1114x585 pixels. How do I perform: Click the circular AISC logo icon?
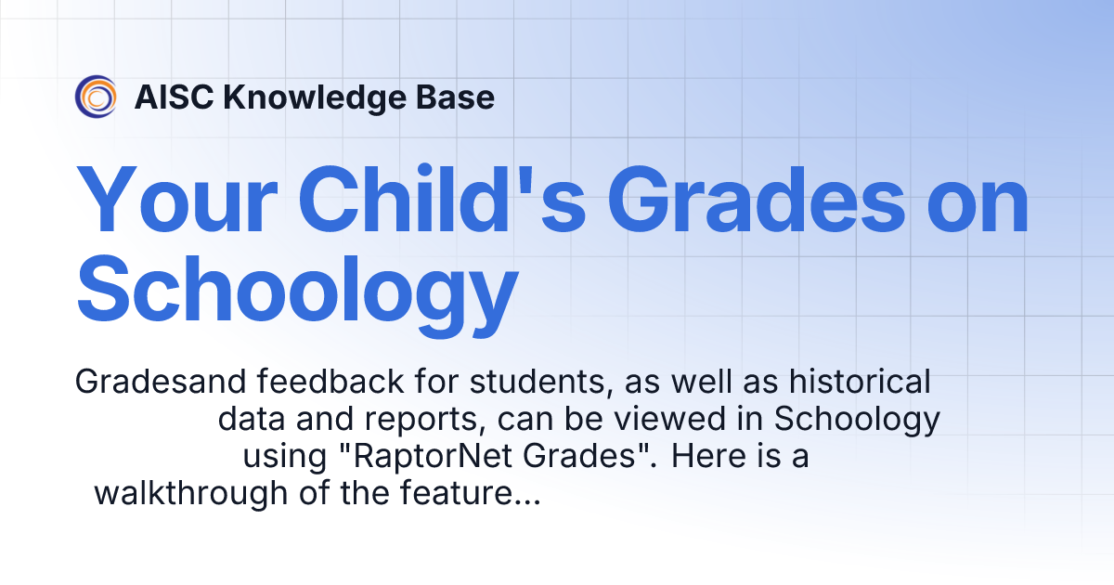point(97,97)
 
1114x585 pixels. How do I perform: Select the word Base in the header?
point(458,97)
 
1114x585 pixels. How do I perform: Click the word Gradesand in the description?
point(150,382)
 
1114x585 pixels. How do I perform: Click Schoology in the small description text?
point(857,420)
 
